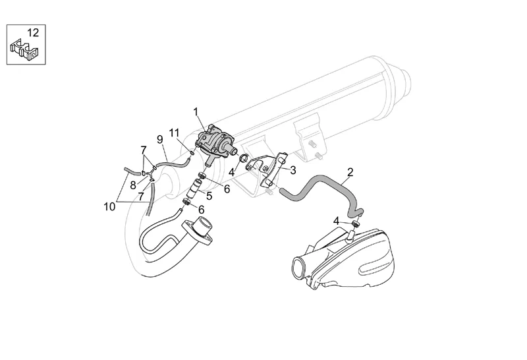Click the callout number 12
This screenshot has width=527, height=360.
[x=33, y=32]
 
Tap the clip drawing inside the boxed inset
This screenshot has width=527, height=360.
[x=24, y=50]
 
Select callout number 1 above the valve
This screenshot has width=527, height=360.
[x=196, y=111]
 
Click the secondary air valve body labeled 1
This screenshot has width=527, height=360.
[x=215, y=143]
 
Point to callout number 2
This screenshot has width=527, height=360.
[x=350, y=172]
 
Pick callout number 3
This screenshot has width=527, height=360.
[x=293, y=170]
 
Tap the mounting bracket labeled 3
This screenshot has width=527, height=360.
[x=267, y=171]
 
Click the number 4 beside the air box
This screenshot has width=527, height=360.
[x=337, y=221]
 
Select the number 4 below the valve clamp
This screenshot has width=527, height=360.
[x=231, y=173]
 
